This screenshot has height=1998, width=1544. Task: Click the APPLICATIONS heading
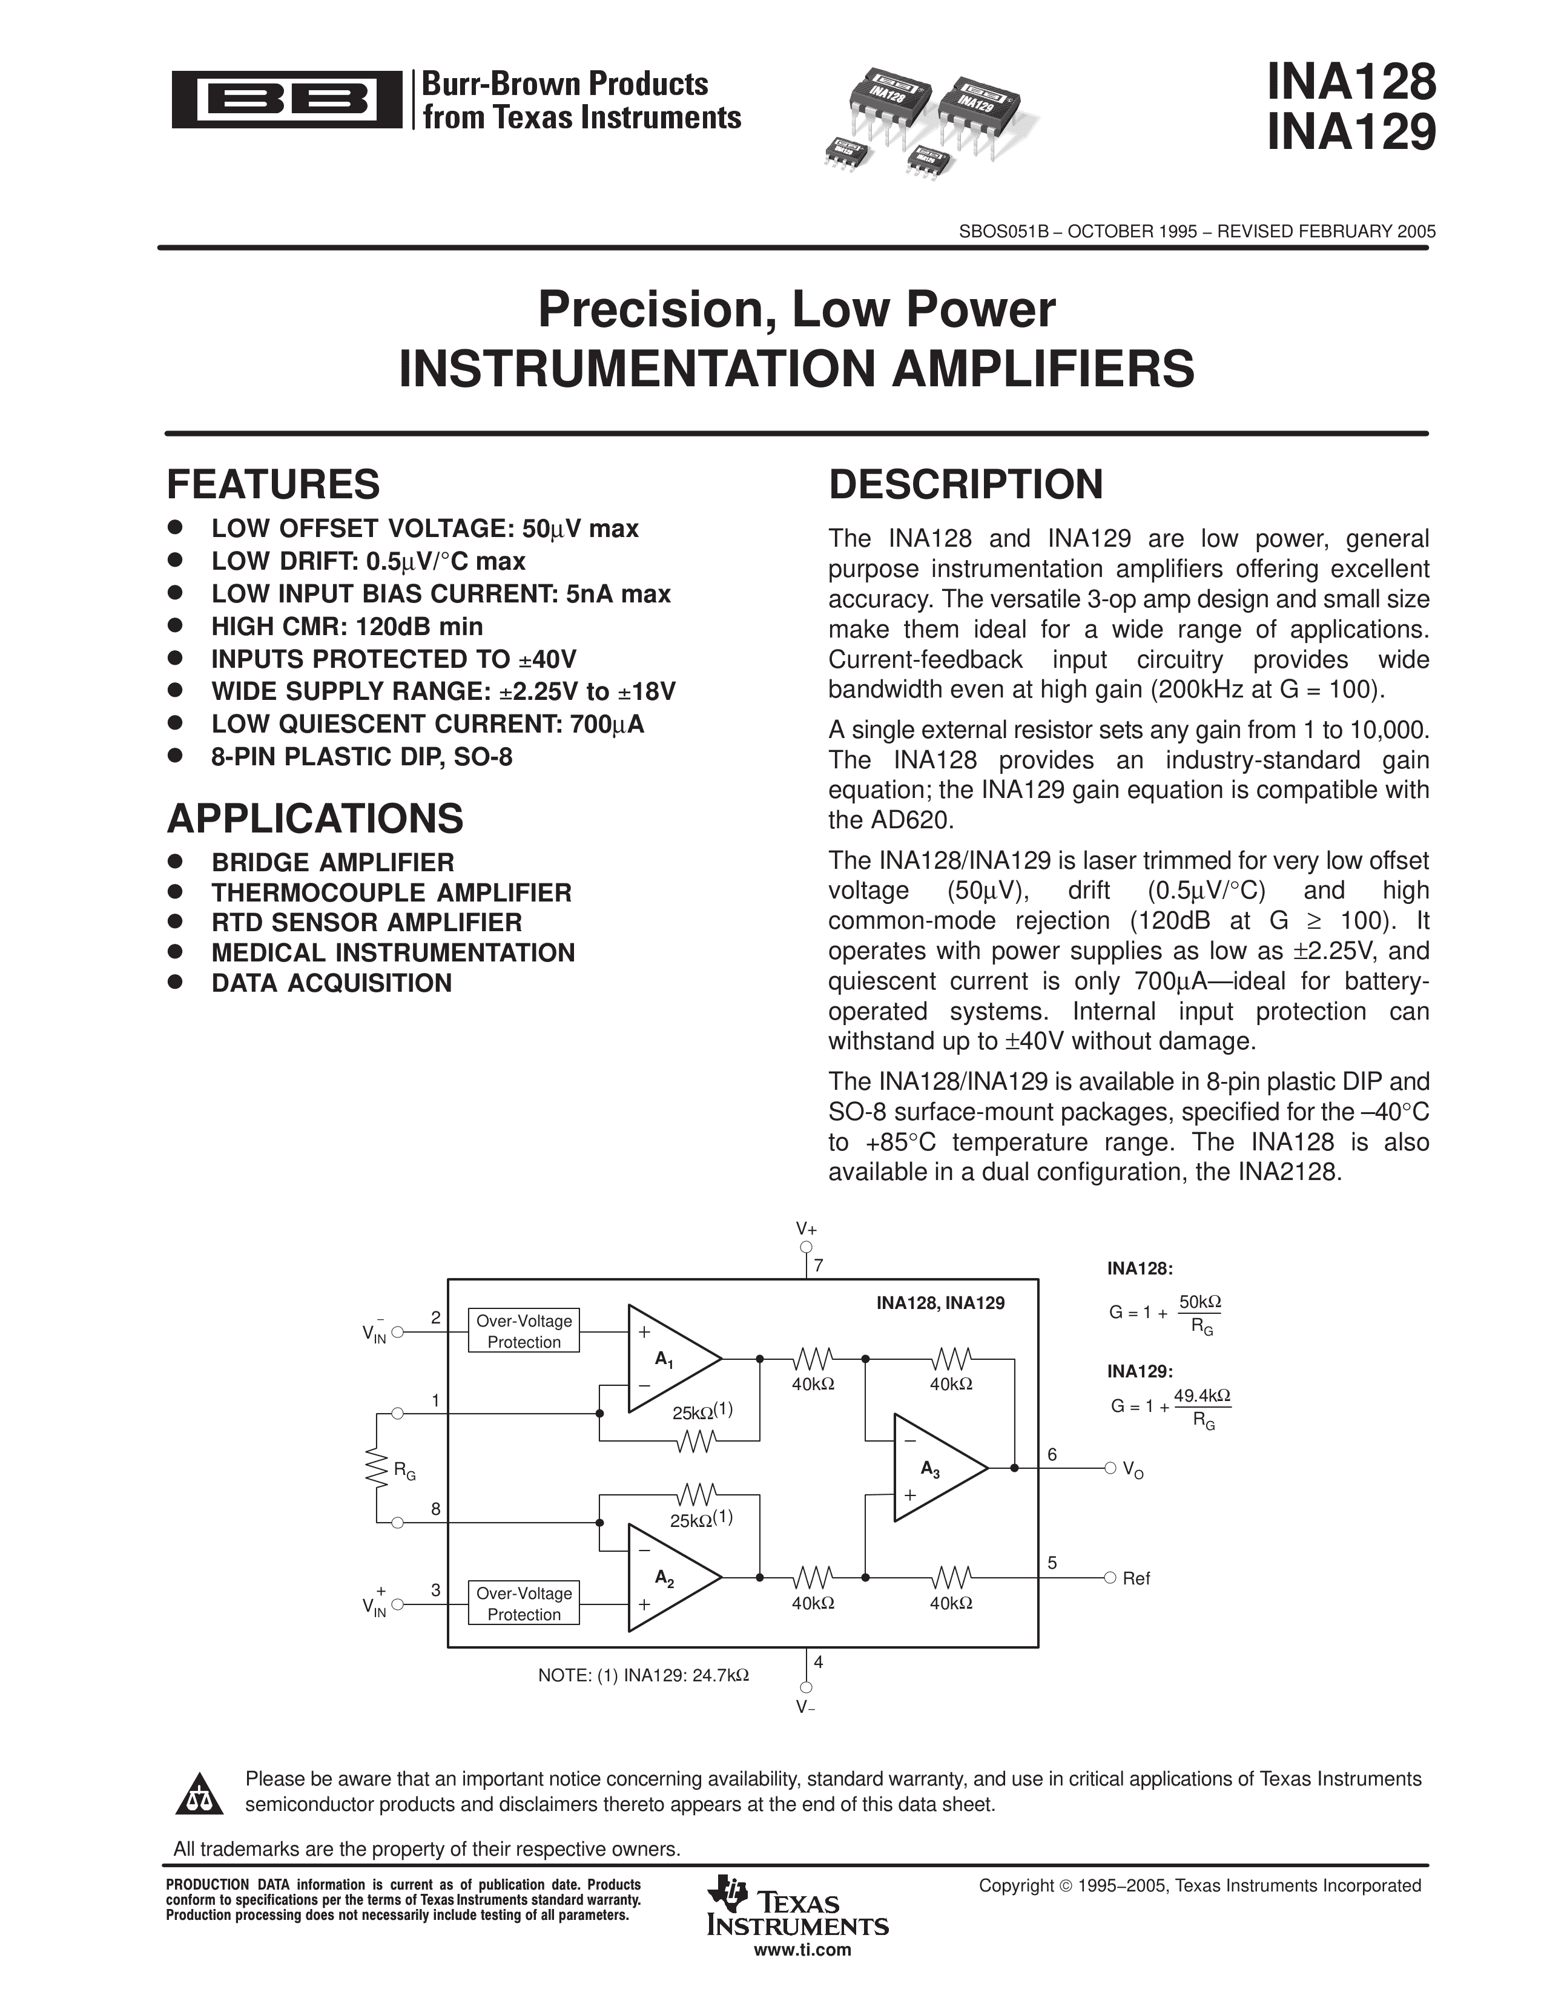coord(315,819)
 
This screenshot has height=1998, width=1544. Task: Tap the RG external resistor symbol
coord(376,1468)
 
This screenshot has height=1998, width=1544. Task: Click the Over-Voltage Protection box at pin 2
coord(524,1331)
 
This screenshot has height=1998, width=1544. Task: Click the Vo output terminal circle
coord(1110,1468)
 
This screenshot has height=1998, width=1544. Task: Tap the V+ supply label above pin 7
coord(806,1228)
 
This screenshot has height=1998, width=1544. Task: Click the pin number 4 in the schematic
coord(819,1662)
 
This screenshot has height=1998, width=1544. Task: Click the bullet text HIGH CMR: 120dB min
coord(347,627)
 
